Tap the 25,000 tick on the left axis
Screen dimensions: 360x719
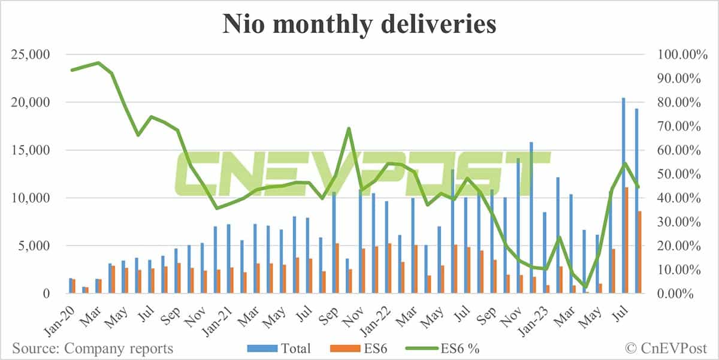31,55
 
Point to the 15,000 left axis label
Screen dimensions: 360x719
31,150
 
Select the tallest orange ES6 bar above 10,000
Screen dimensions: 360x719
626,240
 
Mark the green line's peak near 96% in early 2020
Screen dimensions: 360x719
98,63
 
